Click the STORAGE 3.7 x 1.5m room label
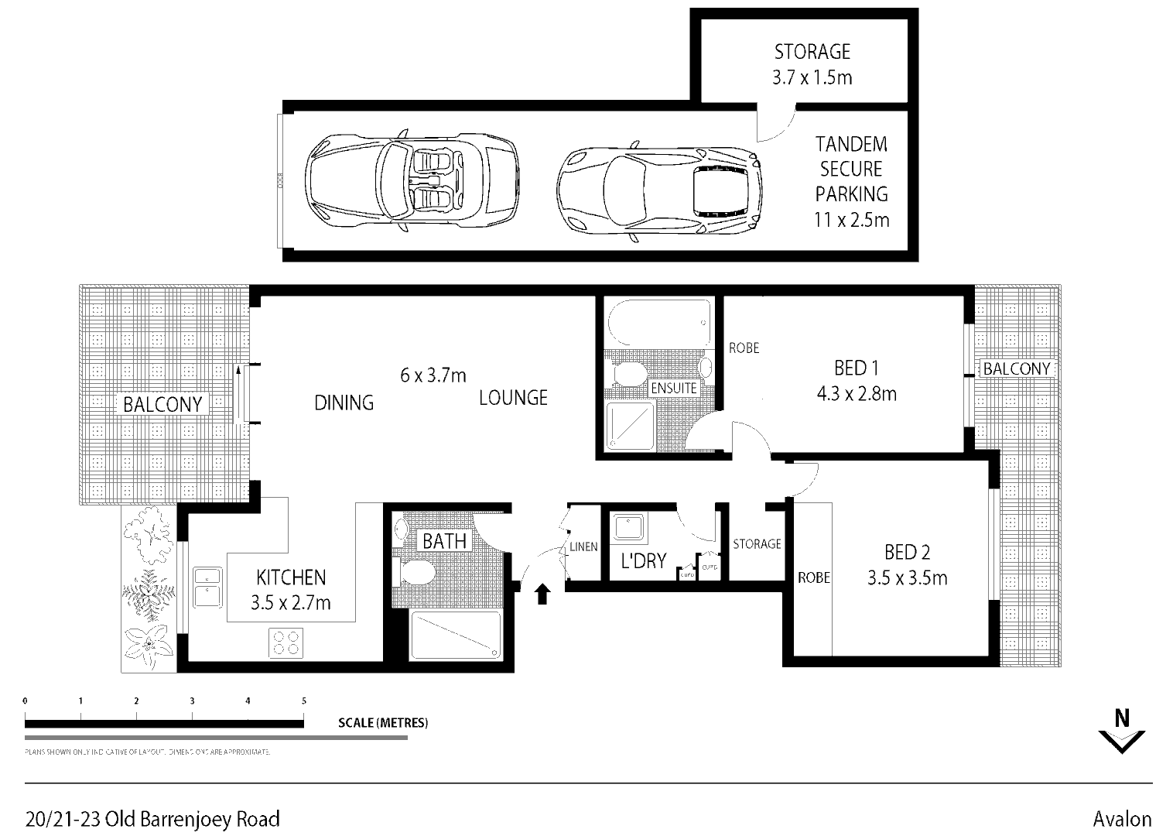[x=812, y=64]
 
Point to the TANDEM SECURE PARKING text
[x=851, y=181]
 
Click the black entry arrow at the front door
[x=542, y=594]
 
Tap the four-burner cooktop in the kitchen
[x=286, y=642]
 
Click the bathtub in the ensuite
[x=659, y=323]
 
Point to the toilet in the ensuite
[x=629, y=375]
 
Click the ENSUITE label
[x=674, y=387]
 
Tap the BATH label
[x=444, y=541]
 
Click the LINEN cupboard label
[x=583, y=546]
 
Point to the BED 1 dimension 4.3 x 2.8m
[x=857, y=394]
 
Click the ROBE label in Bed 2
[x=813, y=577]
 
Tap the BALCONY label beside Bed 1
[x=1016, y=368]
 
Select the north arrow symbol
[x=1121, y=731]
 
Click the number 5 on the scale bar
[x=304, y=701]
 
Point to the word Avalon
[x=1122, y=819]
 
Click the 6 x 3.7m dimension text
[x=433, y=375]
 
